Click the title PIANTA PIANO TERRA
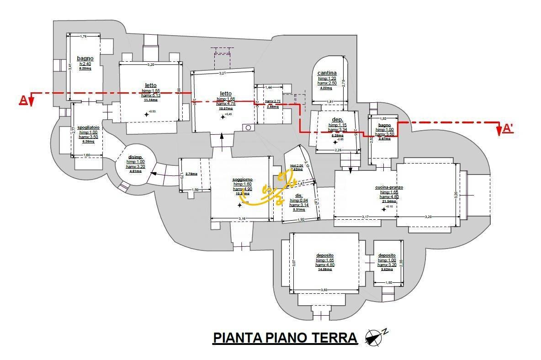point(285,338)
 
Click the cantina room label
point(327,73)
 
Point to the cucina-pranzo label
point(389,187)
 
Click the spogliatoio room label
point(88,127)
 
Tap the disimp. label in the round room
point(135,157)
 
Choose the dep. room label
point(337,120)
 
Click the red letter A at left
point(23,101)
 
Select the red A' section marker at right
point(507,129)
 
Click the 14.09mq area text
point(324,270)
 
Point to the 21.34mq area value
point(389,201)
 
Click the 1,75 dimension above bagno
point(84,36)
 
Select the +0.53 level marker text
point(152,111)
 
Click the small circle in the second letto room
point(248,127)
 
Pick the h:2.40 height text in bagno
point(85,64)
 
